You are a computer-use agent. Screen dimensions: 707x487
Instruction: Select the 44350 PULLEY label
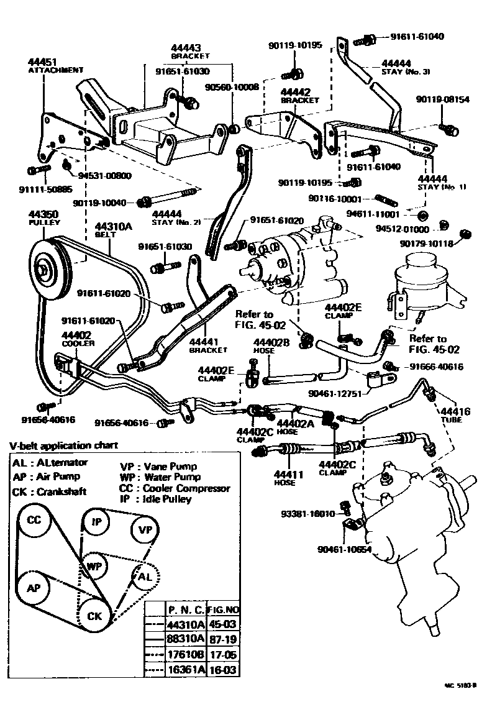tap(43, 217)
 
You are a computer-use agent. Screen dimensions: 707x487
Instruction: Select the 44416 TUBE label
tap(455, 416)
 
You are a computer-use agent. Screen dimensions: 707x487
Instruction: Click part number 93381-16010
tap(307, 514)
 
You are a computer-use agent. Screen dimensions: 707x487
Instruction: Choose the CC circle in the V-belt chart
tap(34, 520)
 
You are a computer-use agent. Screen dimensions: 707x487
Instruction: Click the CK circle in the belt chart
tap(95, 616)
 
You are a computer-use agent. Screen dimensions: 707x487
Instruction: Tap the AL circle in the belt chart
tap(144, 577)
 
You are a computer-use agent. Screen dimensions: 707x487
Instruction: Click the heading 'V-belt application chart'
tap(63, 445)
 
